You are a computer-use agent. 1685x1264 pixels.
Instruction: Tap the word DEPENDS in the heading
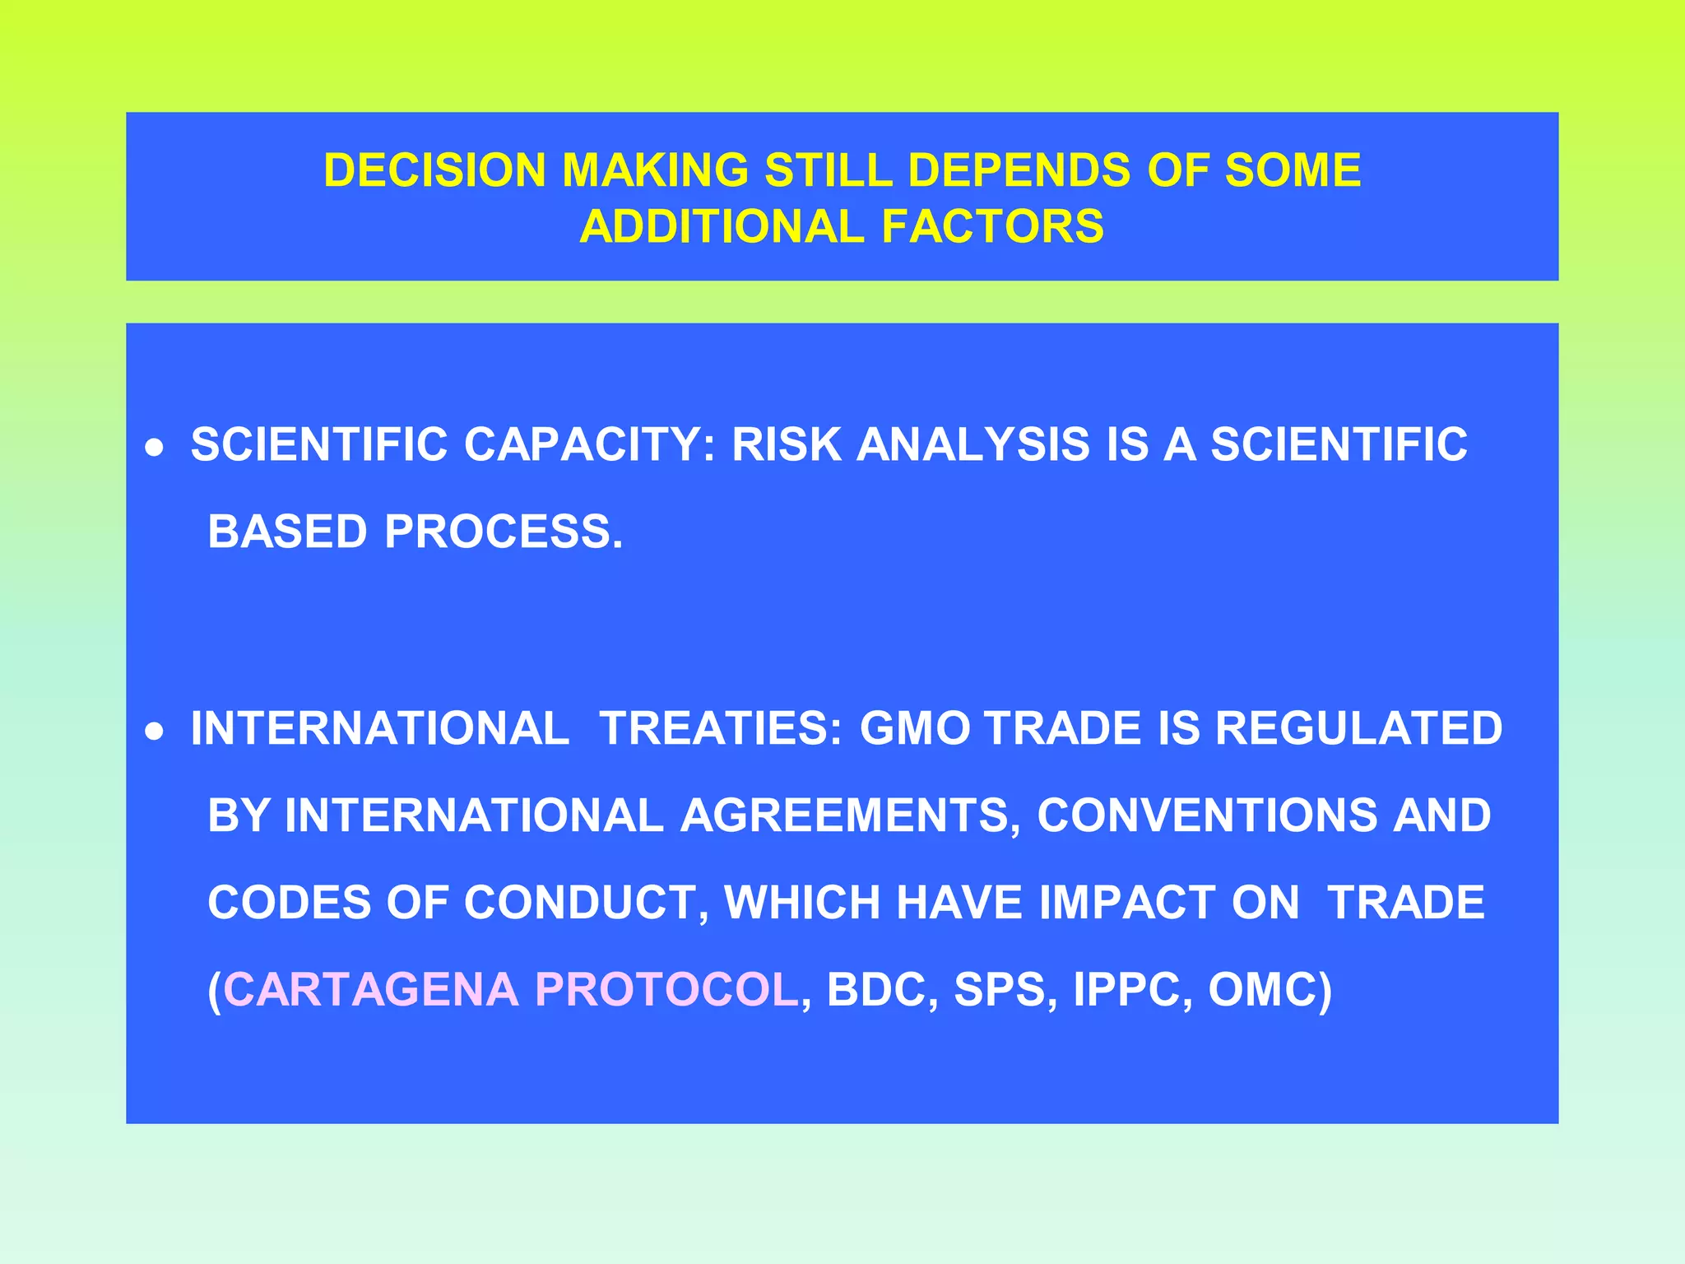tap(1019, 170)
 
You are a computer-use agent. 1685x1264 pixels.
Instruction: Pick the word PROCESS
tap(504, 532)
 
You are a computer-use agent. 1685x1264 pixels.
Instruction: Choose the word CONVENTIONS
tap(1206, 816)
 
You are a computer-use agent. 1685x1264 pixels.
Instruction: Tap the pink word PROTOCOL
tap(666, 989)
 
